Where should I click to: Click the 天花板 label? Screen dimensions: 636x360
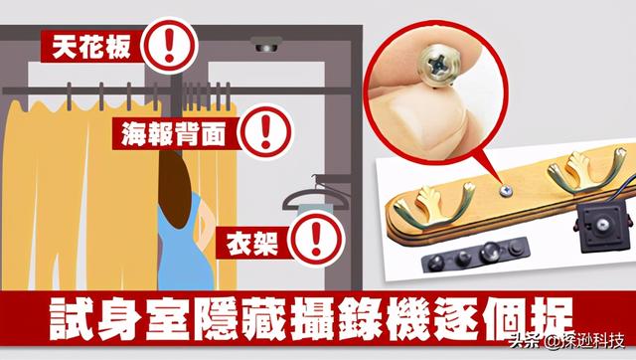click(x=91, y=47)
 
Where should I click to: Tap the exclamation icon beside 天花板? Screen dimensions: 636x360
click(x=169, y=45)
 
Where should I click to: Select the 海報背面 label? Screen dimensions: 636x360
click(x=174, y=134)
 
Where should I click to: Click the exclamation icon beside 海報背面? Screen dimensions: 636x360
click(x=265, y=132)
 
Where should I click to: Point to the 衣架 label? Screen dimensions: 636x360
click(x=252, y=243)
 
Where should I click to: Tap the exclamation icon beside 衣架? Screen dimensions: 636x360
click(x=316, y=240)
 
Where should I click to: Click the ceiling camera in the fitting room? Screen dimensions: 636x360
click(x=266, y=45)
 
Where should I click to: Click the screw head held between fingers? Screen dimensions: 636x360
click(x=441, y=65)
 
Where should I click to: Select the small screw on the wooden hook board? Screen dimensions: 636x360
click(x=505, y=190)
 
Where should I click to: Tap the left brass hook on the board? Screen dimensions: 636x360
click(x=433, y=204)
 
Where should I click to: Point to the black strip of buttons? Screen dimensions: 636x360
click(x=475, y=254)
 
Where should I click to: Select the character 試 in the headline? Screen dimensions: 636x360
click(x=71, y=319)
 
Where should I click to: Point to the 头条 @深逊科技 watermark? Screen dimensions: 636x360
click(x=566, y=342)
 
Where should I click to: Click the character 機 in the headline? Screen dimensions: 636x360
click(x=406, y=319)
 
